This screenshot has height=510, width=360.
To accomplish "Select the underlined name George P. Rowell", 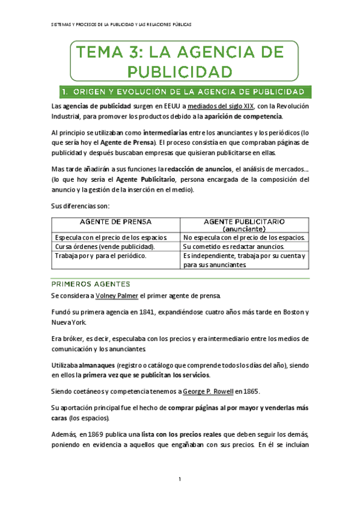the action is pos(200,392).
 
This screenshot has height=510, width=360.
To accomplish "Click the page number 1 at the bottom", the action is pos(180,479).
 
